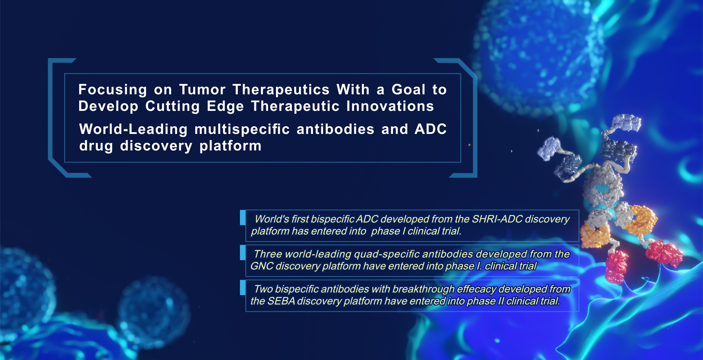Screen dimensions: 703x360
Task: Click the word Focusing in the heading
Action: pyautogui.click(x=113, y=90)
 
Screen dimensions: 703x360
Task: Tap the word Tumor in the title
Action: pyautogui.click(x=203, y=89)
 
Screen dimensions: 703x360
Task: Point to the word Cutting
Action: pyautogui.click(x=173, y=107)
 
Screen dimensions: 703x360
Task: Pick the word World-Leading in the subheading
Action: pyautogui.click(x=133, y=129)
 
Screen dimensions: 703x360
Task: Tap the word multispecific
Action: pyautogui.click(x=242, y=129)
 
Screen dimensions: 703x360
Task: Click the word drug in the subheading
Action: pyautogui.click(x=96, y=146)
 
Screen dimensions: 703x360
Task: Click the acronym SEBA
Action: pyautogui.click(x=281, y=301)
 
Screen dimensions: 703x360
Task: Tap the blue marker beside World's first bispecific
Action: pyautogui.click(x=243, y=218)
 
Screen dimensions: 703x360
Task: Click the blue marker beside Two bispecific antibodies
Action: pyautogui.click(x=243, y=288)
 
